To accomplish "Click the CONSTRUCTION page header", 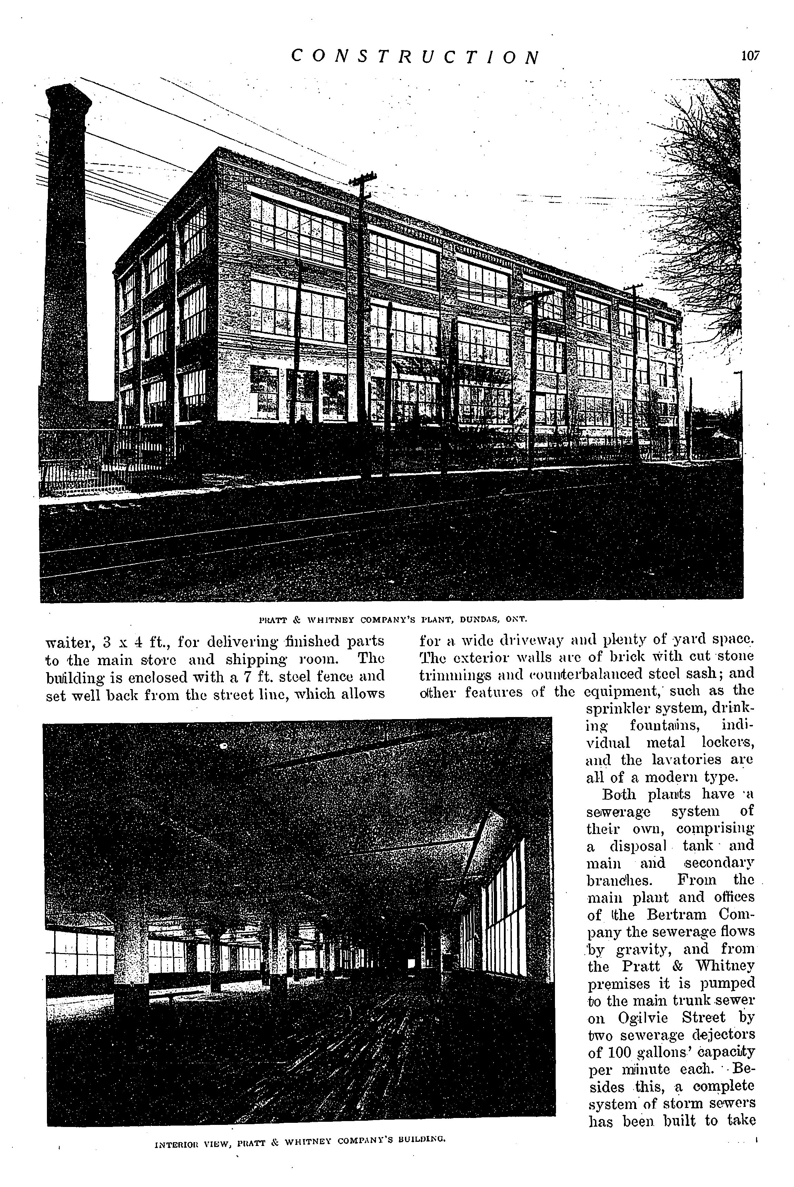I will (416, 57).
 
